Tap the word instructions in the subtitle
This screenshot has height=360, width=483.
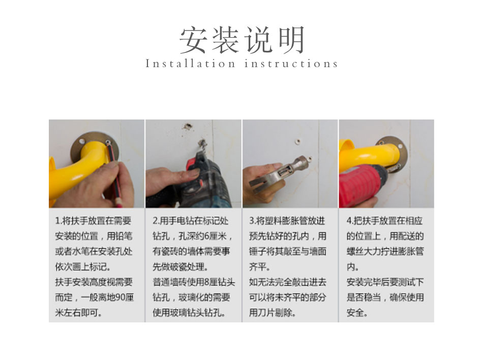tap(291, 64)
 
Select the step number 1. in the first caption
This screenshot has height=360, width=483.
tap(58, 221)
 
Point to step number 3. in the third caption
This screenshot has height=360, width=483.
tap(252, 221)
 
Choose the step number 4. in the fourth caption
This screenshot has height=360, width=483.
tap(350, 221)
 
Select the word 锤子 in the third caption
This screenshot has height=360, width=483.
tap(257, 252)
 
